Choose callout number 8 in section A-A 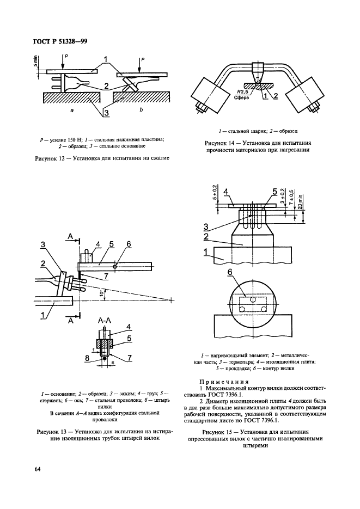89,358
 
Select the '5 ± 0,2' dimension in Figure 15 216,193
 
